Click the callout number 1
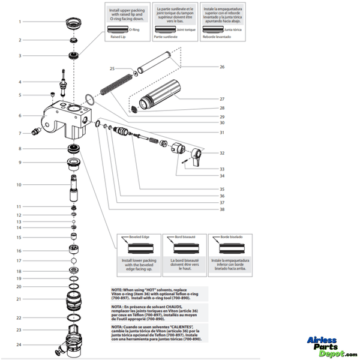[x=20, y=22]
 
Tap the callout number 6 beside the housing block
[x=20, y=115]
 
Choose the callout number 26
[x=222, y=67]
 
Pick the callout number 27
[x=222, y=98]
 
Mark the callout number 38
[x=222, y=209]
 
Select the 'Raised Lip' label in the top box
[x=119, y=36]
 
